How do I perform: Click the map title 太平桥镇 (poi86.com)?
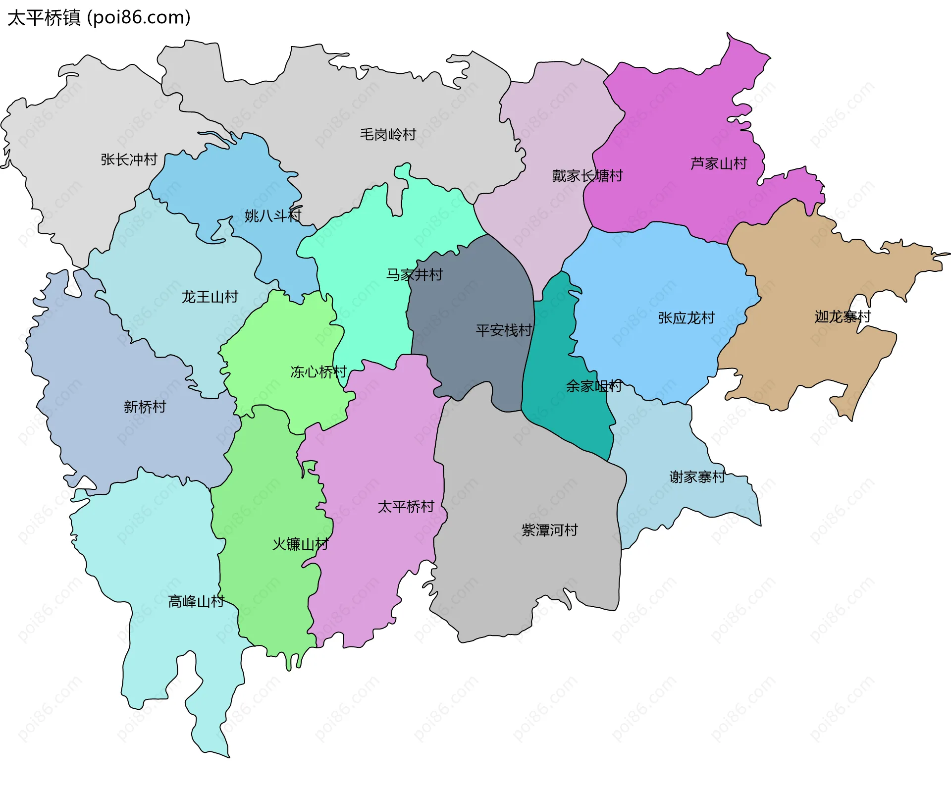(99, 18)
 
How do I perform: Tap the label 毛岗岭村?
(388, 134)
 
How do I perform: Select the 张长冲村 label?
(129, 159)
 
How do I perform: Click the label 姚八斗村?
(273, 215)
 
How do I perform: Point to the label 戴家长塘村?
(587, 176)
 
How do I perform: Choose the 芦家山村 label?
(719, 163)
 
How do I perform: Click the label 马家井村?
(415, 274)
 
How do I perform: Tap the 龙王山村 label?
(210, 297)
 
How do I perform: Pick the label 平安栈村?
(504, 330)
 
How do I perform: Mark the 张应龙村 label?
(687, 318)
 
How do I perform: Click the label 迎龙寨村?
(843, 316)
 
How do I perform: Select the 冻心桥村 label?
(318, 371)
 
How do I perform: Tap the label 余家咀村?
(594, 386)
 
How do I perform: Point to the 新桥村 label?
(145, 407)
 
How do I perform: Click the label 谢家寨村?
(697, 477)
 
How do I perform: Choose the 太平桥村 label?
(406, 507)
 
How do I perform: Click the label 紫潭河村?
(550, 530)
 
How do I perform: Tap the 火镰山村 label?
(300, 544)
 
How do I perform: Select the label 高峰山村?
(196, 601)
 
